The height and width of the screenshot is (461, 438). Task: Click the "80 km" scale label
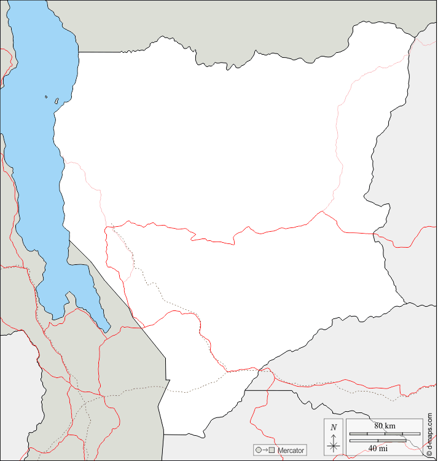coord(385,425)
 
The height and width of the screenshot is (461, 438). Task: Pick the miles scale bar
coord(377,439)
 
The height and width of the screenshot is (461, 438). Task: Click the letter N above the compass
coord(334,427)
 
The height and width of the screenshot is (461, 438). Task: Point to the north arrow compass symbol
coord(334,446)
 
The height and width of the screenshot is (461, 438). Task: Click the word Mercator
coord(291,451)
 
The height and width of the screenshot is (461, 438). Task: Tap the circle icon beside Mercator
coord(259,451)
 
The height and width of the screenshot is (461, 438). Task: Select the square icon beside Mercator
coord(271,451)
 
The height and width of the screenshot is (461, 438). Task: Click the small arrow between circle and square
coord(265,451)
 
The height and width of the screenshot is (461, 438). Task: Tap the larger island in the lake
coord(57,100)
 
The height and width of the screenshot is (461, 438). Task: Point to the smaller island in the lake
coord(46,97)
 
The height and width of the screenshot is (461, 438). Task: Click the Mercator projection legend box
coord(280,451)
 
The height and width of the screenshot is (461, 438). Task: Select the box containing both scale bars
coord(384,436)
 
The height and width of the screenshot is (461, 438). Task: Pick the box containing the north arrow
coord(334,438)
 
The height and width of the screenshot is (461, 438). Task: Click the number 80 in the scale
coord(378,425)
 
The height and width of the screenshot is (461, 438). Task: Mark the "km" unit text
coord(391,425)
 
